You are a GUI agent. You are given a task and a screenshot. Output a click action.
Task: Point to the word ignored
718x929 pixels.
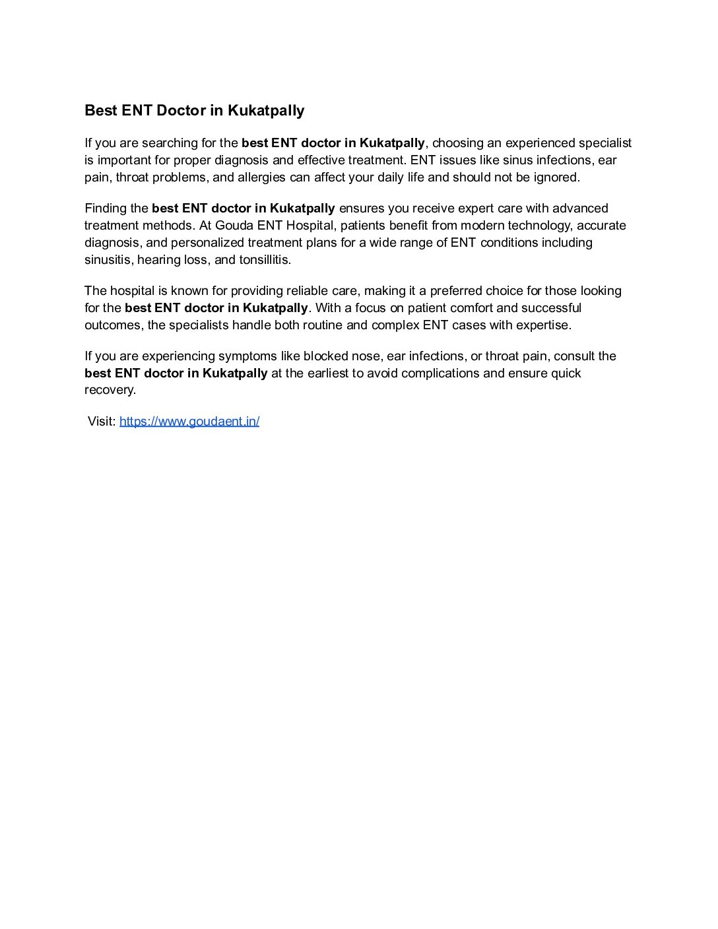pyautogui.click(x=555, y=177)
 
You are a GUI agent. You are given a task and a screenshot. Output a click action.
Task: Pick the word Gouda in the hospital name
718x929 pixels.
pyautogui.click(x=234, y=226)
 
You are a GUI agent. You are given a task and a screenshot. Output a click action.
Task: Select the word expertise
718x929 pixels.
pyautogui.click(x=544, y=325)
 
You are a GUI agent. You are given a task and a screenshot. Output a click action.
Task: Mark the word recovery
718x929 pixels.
pyautogui.click(x=110, y=390)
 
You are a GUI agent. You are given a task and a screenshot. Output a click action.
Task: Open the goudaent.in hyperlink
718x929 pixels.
pyautogui.click(x=189, y=422)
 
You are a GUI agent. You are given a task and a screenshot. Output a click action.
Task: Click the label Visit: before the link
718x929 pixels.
pyautogui.click(x=102, y=422)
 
